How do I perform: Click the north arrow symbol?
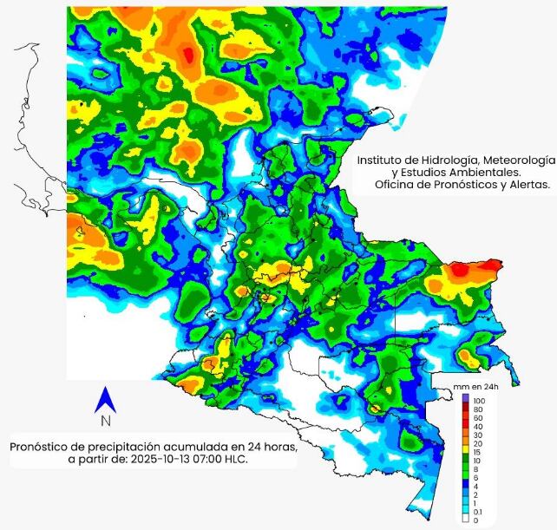[106, 400]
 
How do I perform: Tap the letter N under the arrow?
[106, 422]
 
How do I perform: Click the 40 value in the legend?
[478, 426]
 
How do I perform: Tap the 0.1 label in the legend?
[478, 513]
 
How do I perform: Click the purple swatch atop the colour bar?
[465, 397]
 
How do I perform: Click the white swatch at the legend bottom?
[465, 521]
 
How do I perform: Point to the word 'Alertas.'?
[529, 185]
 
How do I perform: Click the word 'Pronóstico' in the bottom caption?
[42, 447]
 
